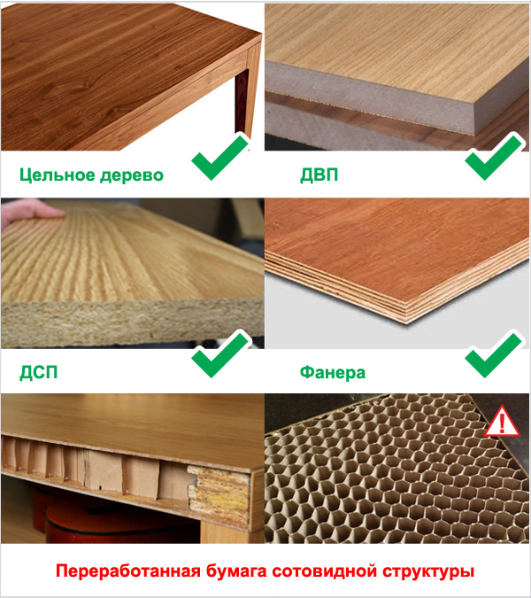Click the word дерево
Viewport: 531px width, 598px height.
coord(131,175)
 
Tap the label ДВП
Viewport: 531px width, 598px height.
coord(319,175)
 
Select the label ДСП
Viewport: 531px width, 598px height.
coord(38,372)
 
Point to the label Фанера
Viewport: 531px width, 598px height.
coord(333,372)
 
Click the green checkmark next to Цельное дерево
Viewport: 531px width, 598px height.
coord(220,156)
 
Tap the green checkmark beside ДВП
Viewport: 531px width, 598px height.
coord(494,156)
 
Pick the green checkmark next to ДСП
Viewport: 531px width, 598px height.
coord(220,353)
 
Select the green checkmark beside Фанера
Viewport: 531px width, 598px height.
coord(494,353)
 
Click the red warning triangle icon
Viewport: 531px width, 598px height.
coord(503,422)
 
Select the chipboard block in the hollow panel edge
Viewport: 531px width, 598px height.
coord(219,496)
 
